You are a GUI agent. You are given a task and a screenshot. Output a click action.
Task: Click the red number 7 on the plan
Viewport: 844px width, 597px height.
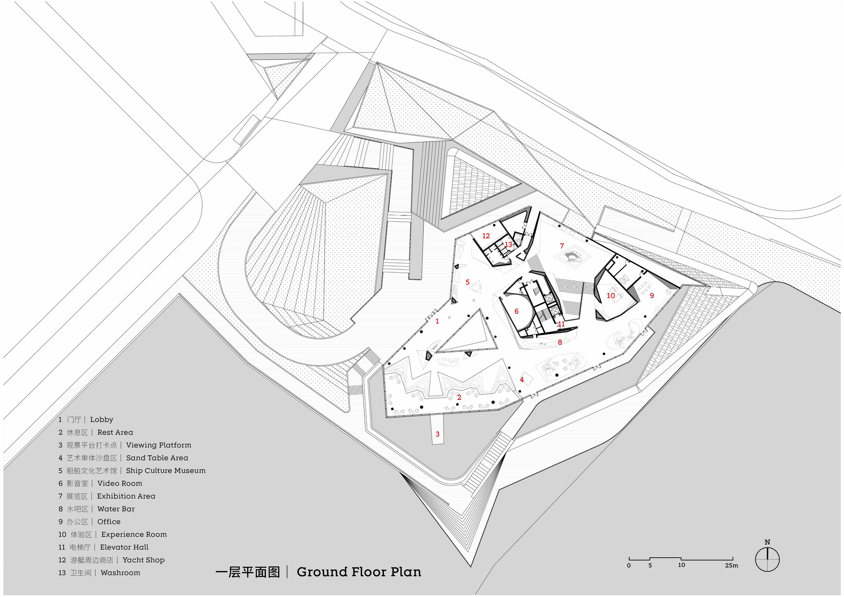click(x=562, y=246)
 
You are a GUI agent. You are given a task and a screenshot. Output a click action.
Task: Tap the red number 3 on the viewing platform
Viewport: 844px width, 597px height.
click(x=438, y=434)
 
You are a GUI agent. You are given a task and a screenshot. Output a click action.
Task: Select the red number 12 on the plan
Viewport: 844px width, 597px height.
click(x=486, y=236)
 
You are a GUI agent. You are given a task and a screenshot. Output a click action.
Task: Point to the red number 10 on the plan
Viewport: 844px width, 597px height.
click(x=611, y=296)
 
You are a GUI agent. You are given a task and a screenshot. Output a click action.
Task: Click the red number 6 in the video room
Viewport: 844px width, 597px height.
click(x=517, y=312)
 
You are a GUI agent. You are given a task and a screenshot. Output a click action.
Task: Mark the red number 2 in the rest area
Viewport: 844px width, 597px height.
click(x=459, y=397)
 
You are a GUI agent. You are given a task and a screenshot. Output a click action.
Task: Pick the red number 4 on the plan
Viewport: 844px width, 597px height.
click(x=522, y=380)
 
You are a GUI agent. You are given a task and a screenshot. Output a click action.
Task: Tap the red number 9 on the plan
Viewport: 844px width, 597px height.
click(x=652, y=296)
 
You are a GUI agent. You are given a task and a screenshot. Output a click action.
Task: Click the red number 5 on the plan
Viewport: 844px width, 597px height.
click(x=468, y=282)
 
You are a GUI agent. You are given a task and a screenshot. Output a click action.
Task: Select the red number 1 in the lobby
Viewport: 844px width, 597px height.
click(x=437, y=321)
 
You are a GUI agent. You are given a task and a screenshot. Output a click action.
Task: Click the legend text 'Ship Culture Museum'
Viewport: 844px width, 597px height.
click(x=166, y=471)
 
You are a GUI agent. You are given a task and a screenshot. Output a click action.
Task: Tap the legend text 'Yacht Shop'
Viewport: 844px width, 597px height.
click(x=143, y=560)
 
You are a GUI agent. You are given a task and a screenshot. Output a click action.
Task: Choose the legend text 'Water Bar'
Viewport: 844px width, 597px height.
click(x=116, y=509)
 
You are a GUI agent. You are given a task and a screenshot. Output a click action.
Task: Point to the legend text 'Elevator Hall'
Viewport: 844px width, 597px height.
click(x=124, y=547)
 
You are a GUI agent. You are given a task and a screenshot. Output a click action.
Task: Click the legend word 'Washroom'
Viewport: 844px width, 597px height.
click(x=120, y=573)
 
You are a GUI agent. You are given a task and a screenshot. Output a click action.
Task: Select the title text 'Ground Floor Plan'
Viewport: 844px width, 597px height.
click(x=359, y=572)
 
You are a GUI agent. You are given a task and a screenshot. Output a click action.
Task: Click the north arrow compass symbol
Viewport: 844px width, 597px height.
click(x=767, y=560)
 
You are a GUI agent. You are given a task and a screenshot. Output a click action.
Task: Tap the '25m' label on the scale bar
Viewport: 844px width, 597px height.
click(x=732, y=566)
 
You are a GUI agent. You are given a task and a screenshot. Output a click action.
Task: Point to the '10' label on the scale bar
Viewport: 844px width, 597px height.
click(x=682, y=565)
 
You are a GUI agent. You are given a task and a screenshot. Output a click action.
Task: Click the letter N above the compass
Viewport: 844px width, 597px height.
click(x=767, y=542)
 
